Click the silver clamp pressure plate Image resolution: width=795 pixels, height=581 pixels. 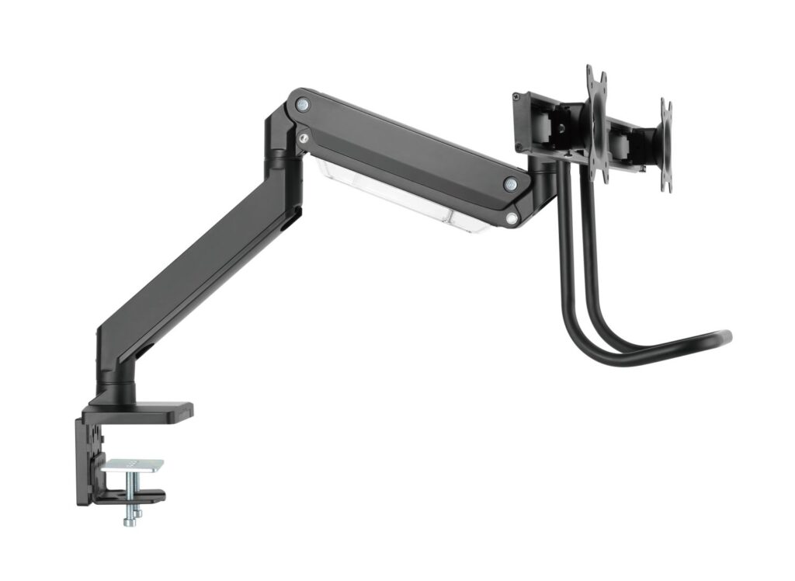coord(133,465)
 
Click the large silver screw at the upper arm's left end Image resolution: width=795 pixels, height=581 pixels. coord(303,103)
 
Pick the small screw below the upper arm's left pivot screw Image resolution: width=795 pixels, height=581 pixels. coord(303,139)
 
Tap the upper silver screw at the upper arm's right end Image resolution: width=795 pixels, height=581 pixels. coord(510,184)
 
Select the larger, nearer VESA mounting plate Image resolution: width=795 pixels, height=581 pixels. coord(596,124)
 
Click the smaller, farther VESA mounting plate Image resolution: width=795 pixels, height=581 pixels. coord(665,145)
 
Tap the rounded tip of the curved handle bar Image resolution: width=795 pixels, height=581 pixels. coord(726,337)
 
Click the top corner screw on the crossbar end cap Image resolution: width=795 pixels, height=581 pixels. coord(516,96)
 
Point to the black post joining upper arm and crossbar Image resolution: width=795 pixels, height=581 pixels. coord(543,175)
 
